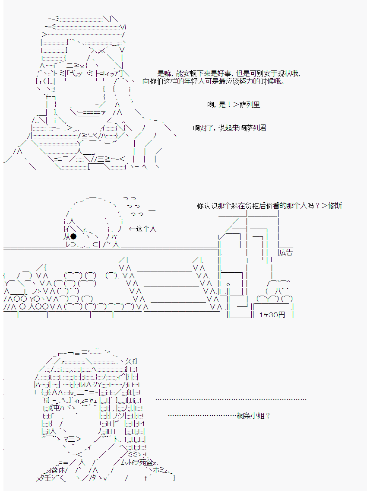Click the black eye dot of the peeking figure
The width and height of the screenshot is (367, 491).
pos(73,236)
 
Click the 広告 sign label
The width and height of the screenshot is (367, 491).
pos(286,252)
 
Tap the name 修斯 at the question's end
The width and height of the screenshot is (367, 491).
pos(335,206)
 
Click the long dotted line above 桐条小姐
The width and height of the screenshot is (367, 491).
pos(231,400)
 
